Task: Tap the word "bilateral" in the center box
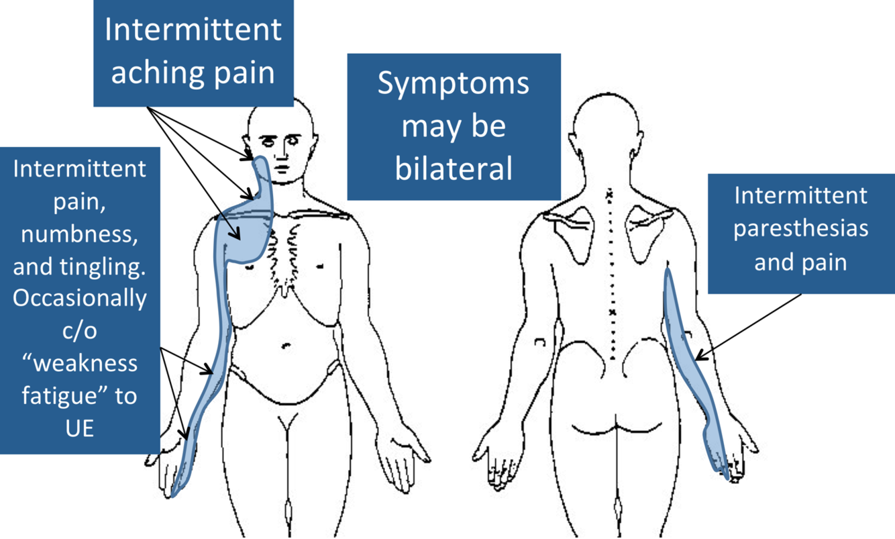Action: pyautogui.click(x=454, y=168)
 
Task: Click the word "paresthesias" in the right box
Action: pyautogui.click(x=800, y=228)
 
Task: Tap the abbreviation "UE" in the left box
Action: pyautogui.click(x=80, y=428)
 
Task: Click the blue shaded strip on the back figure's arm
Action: pyautogui.click(x=691, y=362)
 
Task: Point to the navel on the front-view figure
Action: pyautogui.click(x=286, y=346)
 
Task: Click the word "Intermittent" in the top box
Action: pyautogui.click(x=193, y=31)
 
